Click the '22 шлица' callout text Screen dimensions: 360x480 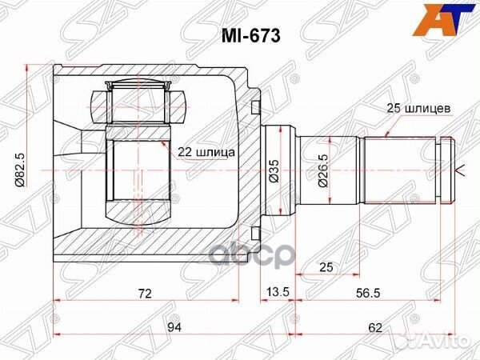pos(206,150)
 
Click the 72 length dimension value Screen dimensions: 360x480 pos(145,294)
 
